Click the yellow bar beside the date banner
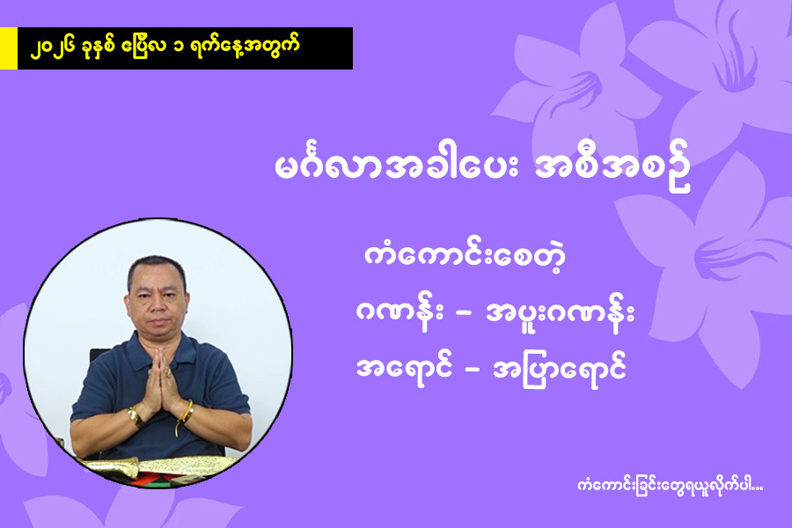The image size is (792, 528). [x=9, y=48]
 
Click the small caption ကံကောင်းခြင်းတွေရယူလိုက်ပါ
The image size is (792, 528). [x=670, y=487]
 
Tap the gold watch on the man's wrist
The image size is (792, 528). [x=135, y=416]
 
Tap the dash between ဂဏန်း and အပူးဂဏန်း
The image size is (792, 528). [x=464, y=315]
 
